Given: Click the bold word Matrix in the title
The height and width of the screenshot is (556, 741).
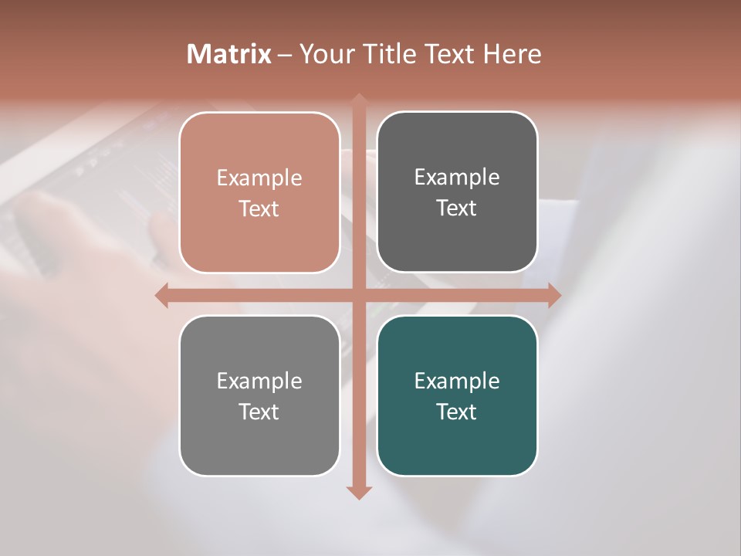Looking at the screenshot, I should point(229,54).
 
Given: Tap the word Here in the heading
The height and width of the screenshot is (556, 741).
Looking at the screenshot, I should point(512,54).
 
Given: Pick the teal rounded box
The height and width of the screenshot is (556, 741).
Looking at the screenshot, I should point(457,440).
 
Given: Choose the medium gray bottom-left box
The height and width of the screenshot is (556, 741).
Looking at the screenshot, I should point(259,440).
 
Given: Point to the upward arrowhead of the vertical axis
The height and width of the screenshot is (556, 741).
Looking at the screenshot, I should point(359,100).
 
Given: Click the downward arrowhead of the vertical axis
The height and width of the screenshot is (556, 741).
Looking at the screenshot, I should point(359,492).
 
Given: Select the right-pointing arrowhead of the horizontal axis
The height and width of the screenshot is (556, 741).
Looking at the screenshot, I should point(554,295).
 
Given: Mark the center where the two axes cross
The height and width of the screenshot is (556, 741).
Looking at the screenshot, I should point(359,295).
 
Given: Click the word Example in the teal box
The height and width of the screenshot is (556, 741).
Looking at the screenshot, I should point(457,381).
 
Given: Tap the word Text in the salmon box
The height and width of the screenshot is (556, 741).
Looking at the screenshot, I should point(259,209).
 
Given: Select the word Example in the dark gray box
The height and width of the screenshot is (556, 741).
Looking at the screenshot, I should point(457,178).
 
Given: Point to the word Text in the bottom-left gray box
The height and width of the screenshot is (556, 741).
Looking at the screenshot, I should point(259,412).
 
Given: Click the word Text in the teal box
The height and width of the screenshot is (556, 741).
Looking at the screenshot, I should point(457,412).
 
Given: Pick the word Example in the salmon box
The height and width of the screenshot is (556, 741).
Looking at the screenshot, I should point(259,178).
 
